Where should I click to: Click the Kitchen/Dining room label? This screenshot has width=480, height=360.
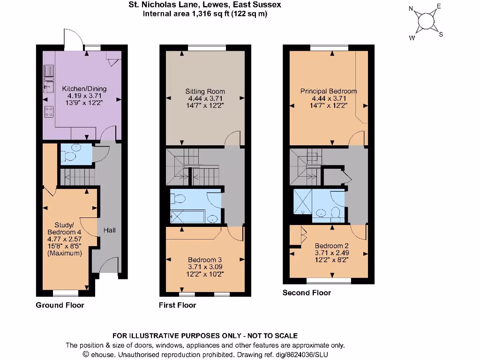point(84,89)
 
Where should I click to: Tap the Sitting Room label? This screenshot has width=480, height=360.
point(205,91)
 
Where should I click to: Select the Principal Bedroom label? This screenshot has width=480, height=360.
point(329,91)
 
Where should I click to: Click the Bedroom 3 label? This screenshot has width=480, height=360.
point(205,260)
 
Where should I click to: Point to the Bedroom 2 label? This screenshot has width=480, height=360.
point(331,246)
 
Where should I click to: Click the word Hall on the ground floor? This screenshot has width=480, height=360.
point(110,230)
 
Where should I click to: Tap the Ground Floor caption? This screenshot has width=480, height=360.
point(60,305)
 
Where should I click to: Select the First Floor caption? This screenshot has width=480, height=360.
point(177,305)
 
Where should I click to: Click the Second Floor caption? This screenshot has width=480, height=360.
point(307,293)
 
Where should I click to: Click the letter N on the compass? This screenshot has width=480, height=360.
point(411,8)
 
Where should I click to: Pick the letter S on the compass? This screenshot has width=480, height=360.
point(441,34)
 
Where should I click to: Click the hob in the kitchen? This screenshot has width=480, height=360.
point(48,111)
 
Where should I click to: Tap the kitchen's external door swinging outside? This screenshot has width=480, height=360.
point(73,40)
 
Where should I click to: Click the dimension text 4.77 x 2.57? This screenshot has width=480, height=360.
point(65,239)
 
